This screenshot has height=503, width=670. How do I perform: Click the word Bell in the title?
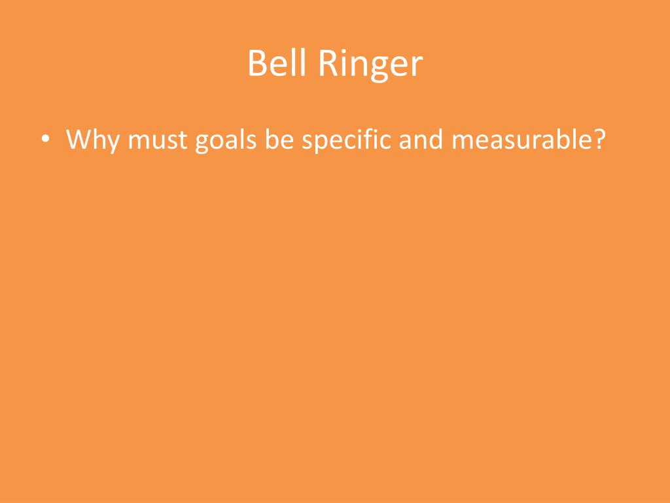coord(274,64)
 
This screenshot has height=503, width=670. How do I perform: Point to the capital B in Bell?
coord(256,64)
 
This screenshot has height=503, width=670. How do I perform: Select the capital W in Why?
coord(79,139)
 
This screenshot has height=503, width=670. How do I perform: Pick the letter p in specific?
coord(319,143)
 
